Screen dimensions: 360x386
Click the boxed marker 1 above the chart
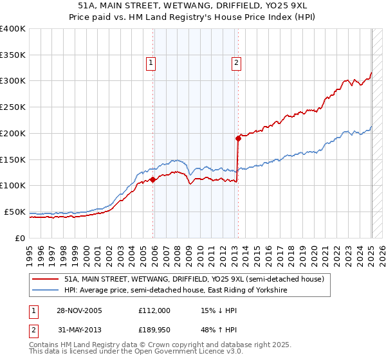pos(151,63)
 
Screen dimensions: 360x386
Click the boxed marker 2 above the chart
pos(236,63)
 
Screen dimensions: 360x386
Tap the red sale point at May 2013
pos(238,137)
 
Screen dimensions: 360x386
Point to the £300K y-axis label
pos(12,81)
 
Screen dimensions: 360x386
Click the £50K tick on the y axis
pos(15,212)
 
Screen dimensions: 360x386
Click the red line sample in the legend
pos(46,280)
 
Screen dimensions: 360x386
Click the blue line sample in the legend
pos(46,291)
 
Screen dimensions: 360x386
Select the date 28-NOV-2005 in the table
pos(79,310)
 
